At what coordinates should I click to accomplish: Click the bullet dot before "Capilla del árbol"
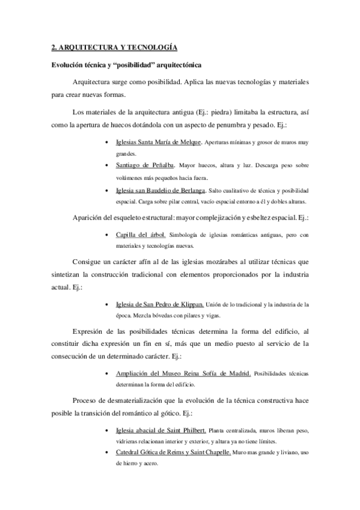tap(106, 235)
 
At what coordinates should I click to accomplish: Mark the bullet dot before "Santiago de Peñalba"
tap(106, 165)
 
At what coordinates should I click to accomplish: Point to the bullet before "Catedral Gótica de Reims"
tap(106, 452)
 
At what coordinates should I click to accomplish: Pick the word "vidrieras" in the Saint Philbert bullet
tap(129, 441)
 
